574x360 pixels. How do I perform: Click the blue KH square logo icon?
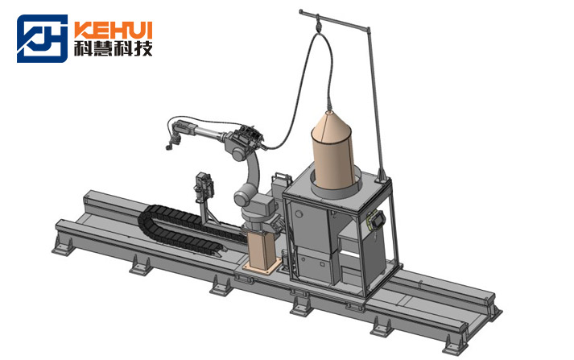(42, 39)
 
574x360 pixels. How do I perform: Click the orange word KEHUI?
(114, 30)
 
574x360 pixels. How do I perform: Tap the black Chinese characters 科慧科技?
(114, 48)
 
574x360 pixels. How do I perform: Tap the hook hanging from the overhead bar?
(318, 25)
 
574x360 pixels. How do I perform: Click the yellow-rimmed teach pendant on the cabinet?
(376, 221)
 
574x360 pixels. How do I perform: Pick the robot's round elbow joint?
(238, 153)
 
